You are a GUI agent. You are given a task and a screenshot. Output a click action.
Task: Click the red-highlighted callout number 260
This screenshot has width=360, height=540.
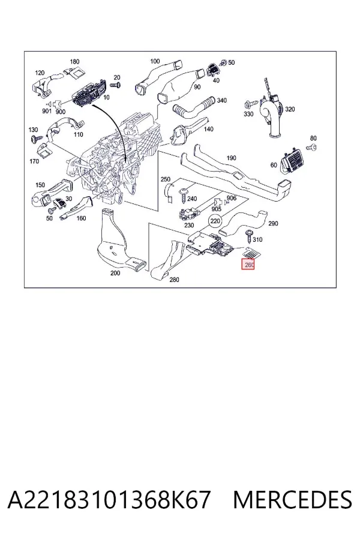pos(248,265)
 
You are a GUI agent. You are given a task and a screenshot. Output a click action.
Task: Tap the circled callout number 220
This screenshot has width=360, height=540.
pos(215,221)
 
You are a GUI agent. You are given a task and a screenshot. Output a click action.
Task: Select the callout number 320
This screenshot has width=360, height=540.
pos(290,109)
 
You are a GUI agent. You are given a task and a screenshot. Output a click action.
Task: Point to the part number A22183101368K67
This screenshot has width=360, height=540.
pos(109,500)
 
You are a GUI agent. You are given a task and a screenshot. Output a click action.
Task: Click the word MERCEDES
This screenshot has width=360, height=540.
pos(293,500)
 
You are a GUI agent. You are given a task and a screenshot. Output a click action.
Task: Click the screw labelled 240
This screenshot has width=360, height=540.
pos(182,196)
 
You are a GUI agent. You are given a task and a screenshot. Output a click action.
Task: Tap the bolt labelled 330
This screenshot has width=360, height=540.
pos(251,103)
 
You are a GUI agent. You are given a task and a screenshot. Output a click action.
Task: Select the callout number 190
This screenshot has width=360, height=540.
pos(231,158)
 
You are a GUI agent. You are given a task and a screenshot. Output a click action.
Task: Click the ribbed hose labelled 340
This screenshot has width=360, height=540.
pos(194,108)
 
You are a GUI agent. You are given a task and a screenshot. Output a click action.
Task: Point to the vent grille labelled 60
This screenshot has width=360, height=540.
pos(292,162)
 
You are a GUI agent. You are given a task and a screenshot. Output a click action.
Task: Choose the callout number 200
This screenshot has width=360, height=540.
pos(115,273)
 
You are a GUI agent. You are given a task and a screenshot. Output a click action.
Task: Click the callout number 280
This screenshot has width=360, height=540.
pos(175,280)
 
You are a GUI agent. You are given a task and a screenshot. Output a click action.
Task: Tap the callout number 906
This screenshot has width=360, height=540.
pos(232,198)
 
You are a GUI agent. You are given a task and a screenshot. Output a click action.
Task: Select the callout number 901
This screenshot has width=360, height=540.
pos(47,111)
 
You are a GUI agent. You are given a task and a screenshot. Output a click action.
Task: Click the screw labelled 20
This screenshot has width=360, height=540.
pos(116,85)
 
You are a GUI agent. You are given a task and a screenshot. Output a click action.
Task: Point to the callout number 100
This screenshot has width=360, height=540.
pos(155,61)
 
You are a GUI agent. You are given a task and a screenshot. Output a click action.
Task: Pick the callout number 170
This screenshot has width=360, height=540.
pos(34,161)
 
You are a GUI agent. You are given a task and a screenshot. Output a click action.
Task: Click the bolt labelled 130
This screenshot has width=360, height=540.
pos(34,139)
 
